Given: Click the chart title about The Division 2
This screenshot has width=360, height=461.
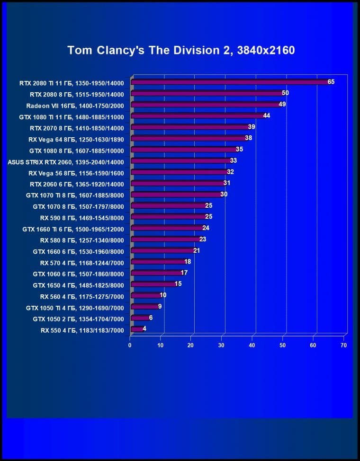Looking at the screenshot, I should [x=181, y=50].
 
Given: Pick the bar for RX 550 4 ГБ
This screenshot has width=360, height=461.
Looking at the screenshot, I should [x=137, y=328].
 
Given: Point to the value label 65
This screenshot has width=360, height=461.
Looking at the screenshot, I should [x=331, y=82].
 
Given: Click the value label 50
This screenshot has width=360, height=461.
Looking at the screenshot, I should [x=285, y=93].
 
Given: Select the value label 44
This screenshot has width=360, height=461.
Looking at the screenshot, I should [x=267, y=115].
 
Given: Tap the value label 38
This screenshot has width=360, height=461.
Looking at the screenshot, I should [x=248, y=138].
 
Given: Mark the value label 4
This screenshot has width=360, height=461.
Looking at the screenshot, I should [x=144, y=328].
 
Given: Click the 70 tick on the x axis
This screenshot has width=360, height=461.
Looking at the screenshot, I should [x=344, y=346].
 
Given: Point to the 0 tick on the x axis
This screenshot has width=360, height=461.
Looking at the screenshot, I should [x=130, y=346].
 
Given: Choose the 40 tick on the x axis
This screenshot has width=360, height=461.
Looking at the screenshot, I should [x=252, y=346].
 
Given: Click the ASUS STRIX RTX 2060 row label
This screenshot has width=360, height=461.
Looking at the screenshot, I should [x=66, y=161].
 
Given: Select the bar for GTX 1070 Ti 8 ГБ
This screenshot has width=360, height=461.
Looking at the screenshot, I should [x=176, y=195].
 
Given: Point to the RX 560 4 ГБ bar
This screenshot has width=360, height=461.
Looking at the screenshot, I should [x=146, y=295].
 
